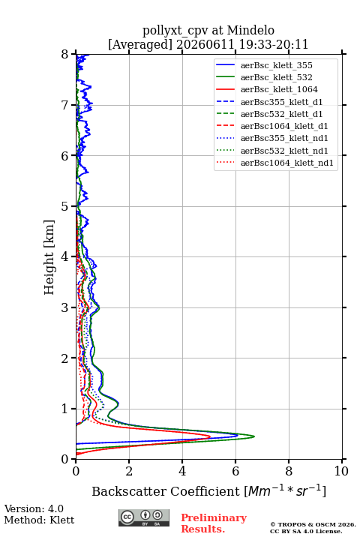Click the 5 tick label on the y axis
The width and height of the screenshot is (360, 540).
pyautogui.click(x=65, y=206)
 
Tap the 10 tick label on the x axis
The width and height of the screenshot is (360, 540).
pyautogui.click(x=341, y=471)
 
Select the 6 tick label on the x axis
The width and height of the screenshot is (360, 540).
pyautogui.click(x=235, y=471)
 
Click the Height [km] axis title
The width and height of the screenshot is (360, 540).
pyautogui.click(x=49, y=257)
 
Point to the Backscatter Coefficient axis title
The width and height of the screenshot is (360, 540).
pyautogui.click(x=208, y=490)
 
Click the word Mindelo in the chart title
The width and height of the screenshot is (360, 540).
pyautogui.click(x=250, y=30)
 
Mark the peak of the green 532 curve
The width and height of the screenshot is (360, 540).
pyautogui.click(x=254, y=436)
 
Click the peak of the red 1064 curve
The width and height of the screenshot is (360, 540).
pyautogui.click(x=210, y=436)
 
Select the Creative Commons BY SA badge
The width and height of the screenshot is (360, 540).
pyautogui.click(x=144, y=517)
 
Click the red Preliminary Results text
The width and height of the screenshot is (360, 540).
pyautogui.click(x=214, y=523)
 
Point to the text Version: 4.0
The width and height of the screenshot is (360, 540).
pyautogui.click(x=34, y=508)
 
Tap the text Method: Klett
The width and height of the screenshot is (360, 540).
pyautogui.click(x=39, y=520)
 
